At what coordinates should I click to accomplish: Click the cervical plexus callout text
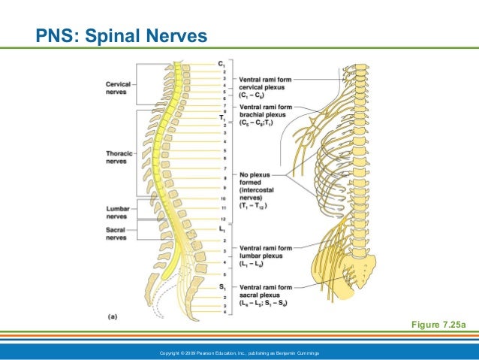coord(266,86)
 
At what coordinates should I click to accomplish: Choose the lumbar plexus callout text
coord(267,253)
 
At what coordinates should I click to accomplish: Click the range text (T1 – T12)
coord(255,206)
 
